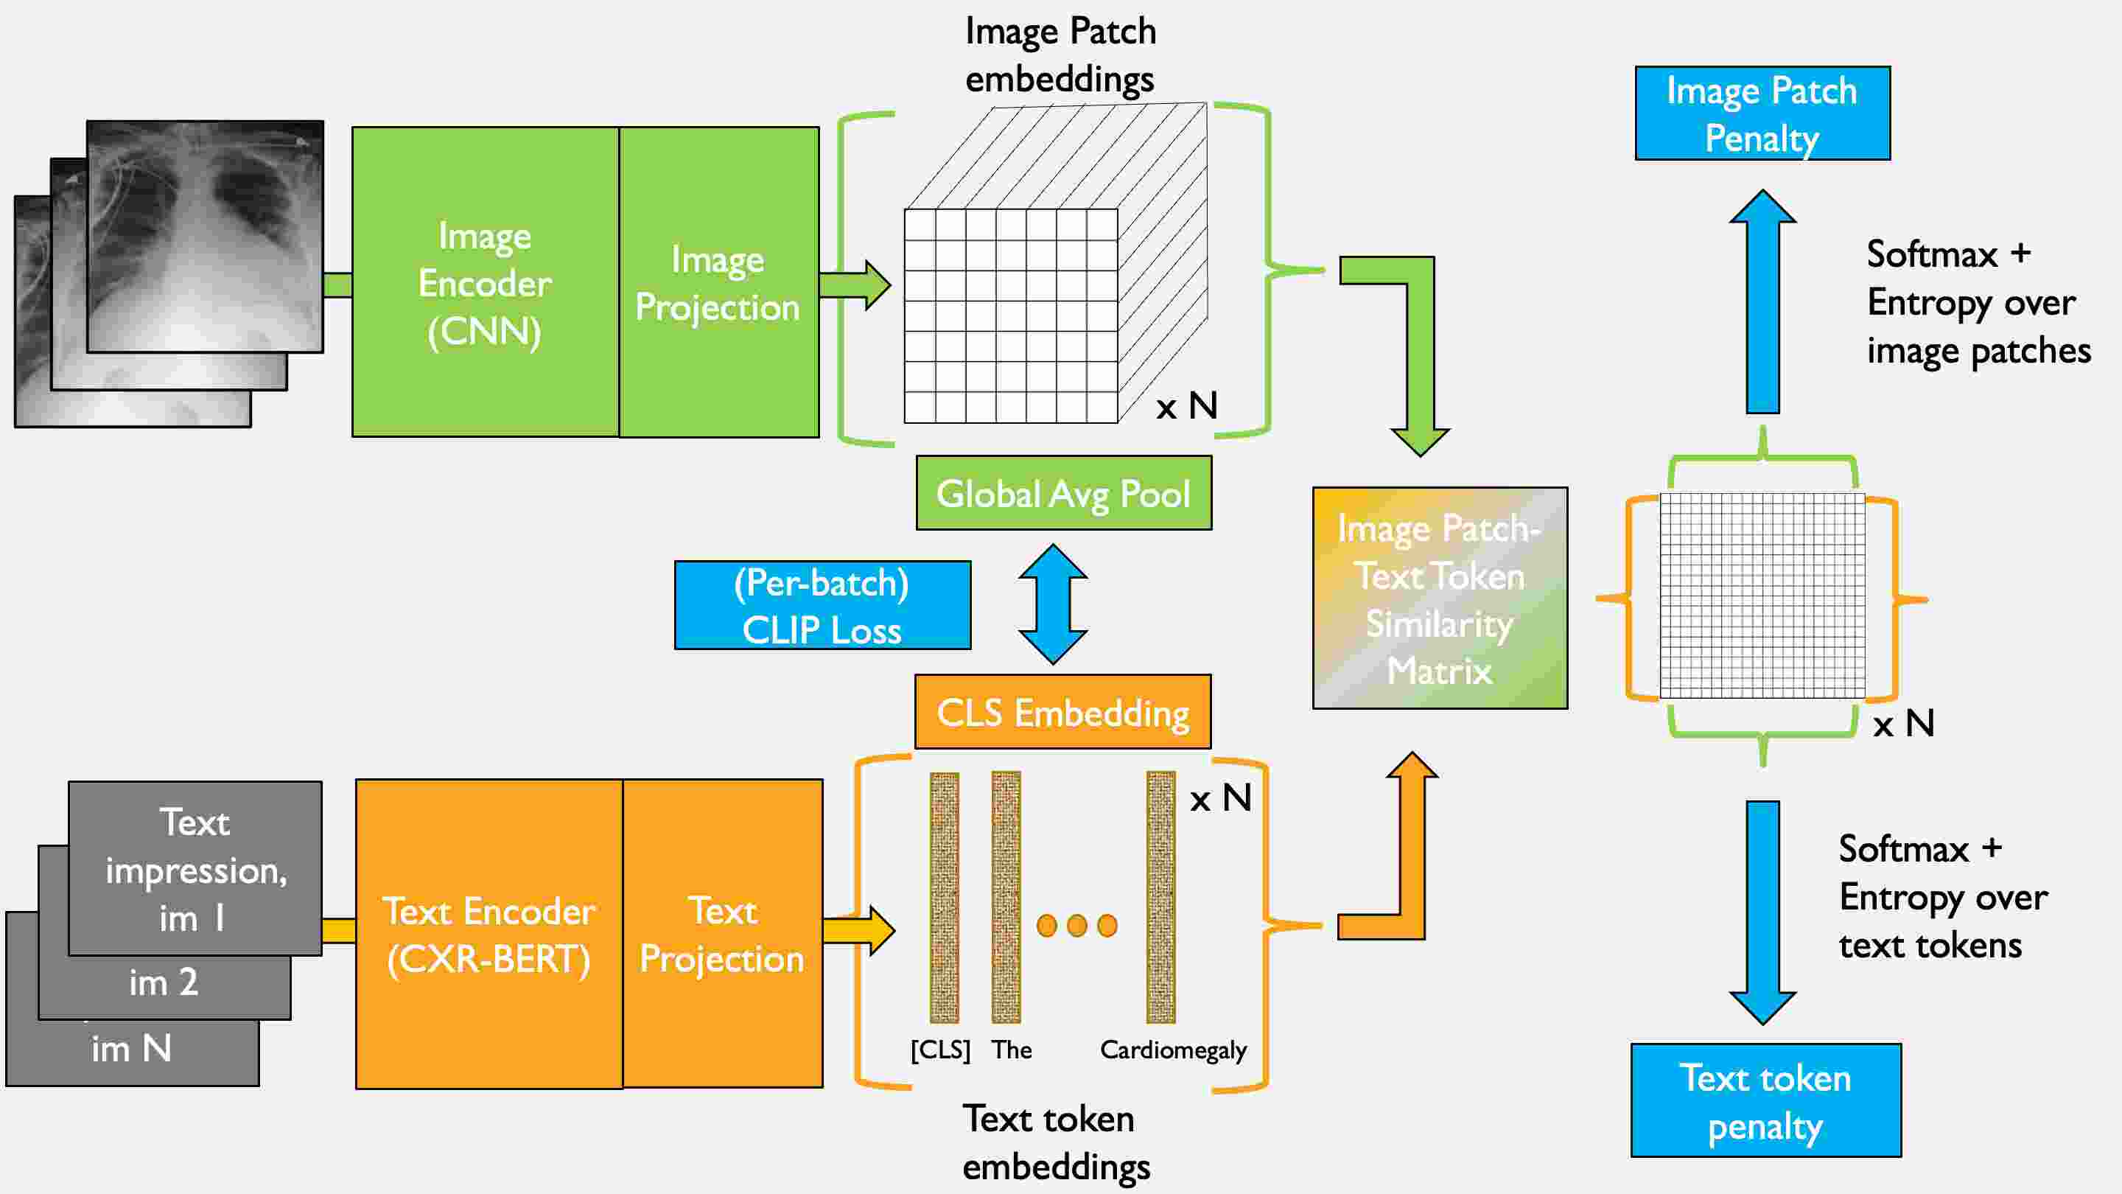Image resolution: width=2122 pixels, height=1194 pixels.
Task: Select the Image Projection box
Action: point(718,282)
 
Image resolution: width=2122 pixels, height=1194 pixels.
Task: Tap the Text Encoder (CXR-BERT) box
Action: point(489,934)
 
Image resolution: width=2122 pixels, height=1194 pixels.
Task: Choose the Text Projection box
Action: point(722,934)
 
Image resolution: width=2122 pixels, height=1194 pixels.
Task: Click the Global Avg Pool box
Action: point(1063,493)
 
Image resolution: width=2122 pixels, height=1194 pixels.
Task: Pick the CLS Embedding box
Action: point(1062,712)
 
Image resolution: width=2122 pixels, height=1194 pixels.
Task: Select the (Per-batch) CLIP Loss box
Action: point(822,606)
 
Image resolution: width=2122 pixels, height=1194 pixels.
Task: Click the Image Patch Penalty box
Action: point(1762,113)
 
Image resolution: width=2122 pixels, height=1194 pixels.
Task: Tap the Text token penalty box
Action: point(1765,1100)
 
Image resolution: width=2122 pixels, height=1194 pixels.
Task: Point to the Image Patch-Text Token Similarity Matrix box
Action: point(1439,598)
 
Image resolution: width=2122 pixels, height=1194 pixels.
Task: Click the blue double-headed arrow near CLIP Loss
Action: point(1053,604)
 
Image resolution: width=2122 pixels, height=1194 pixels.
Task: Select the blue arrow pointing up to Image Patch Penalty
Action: point(1762,305)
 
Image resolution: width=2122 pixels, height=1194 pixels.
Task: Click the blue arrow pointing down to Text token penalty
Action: point(1762,910)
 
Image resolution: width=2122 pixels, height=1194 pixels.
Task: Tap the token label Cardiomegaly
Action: point(1173,1050)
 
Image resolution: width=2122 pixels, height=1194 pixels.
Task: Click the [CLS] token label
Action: point(940,1050)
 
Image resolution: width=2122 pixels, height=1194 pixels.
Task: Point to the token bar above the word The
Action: point(1006,896)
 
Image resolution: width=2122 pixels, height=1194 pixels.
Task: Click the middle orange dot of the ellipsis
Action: point(1076,926)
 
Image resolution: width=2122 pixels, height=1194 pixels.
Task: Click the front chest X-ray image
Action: point(205,237)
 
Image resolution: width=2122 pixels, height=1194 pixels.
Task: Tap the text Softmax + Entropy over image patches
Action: point(1977,302)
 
